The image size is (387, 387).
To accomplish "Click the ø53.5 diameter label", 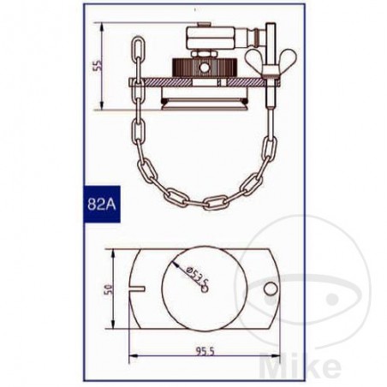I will [196, 273].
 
